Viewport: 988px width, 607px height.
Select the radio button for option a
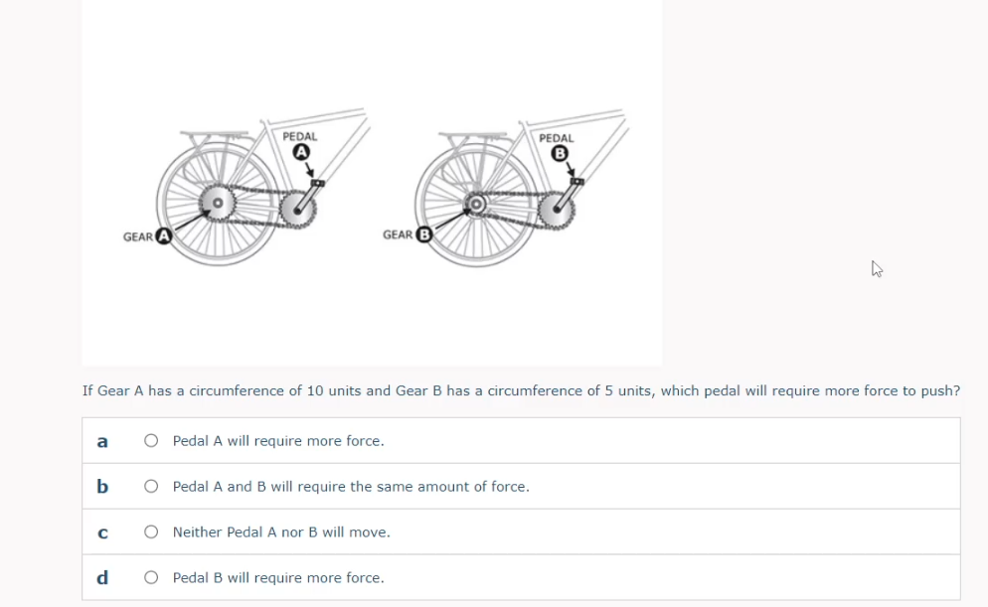tap(150, 440)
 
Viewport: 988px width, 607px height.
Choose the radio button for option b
tap(150, 487)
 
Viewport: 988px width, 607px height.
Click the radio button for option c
tap(150, 532)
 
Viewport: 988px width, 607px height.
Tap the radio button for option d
tap(150, 577)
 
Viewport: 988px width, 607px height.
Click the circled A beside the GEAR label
tap(163, 236)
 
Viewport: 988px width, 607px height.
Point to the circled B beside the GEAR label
tap(423, 235)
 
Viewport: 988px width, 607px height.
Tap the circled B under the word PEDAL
tap(559, 153)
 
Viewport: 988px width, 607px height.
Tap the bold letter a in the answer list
tap(101, 440)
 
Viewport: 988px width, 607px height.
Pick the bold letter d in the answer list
tap(101, 577)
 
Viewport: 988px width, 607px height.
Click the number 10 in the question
tap(316, 390)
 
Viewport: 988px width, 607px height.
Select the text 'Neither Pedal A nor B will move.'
tap(281, 532)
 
